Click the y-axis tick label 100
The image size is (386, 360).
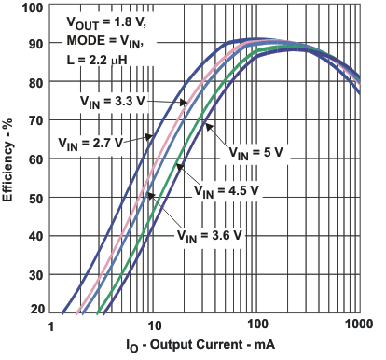coord(32,7)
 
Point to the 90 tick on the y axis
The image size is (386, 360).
coord(34,44)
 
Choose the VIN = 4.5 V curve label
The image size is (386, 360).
coord(227,190)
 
